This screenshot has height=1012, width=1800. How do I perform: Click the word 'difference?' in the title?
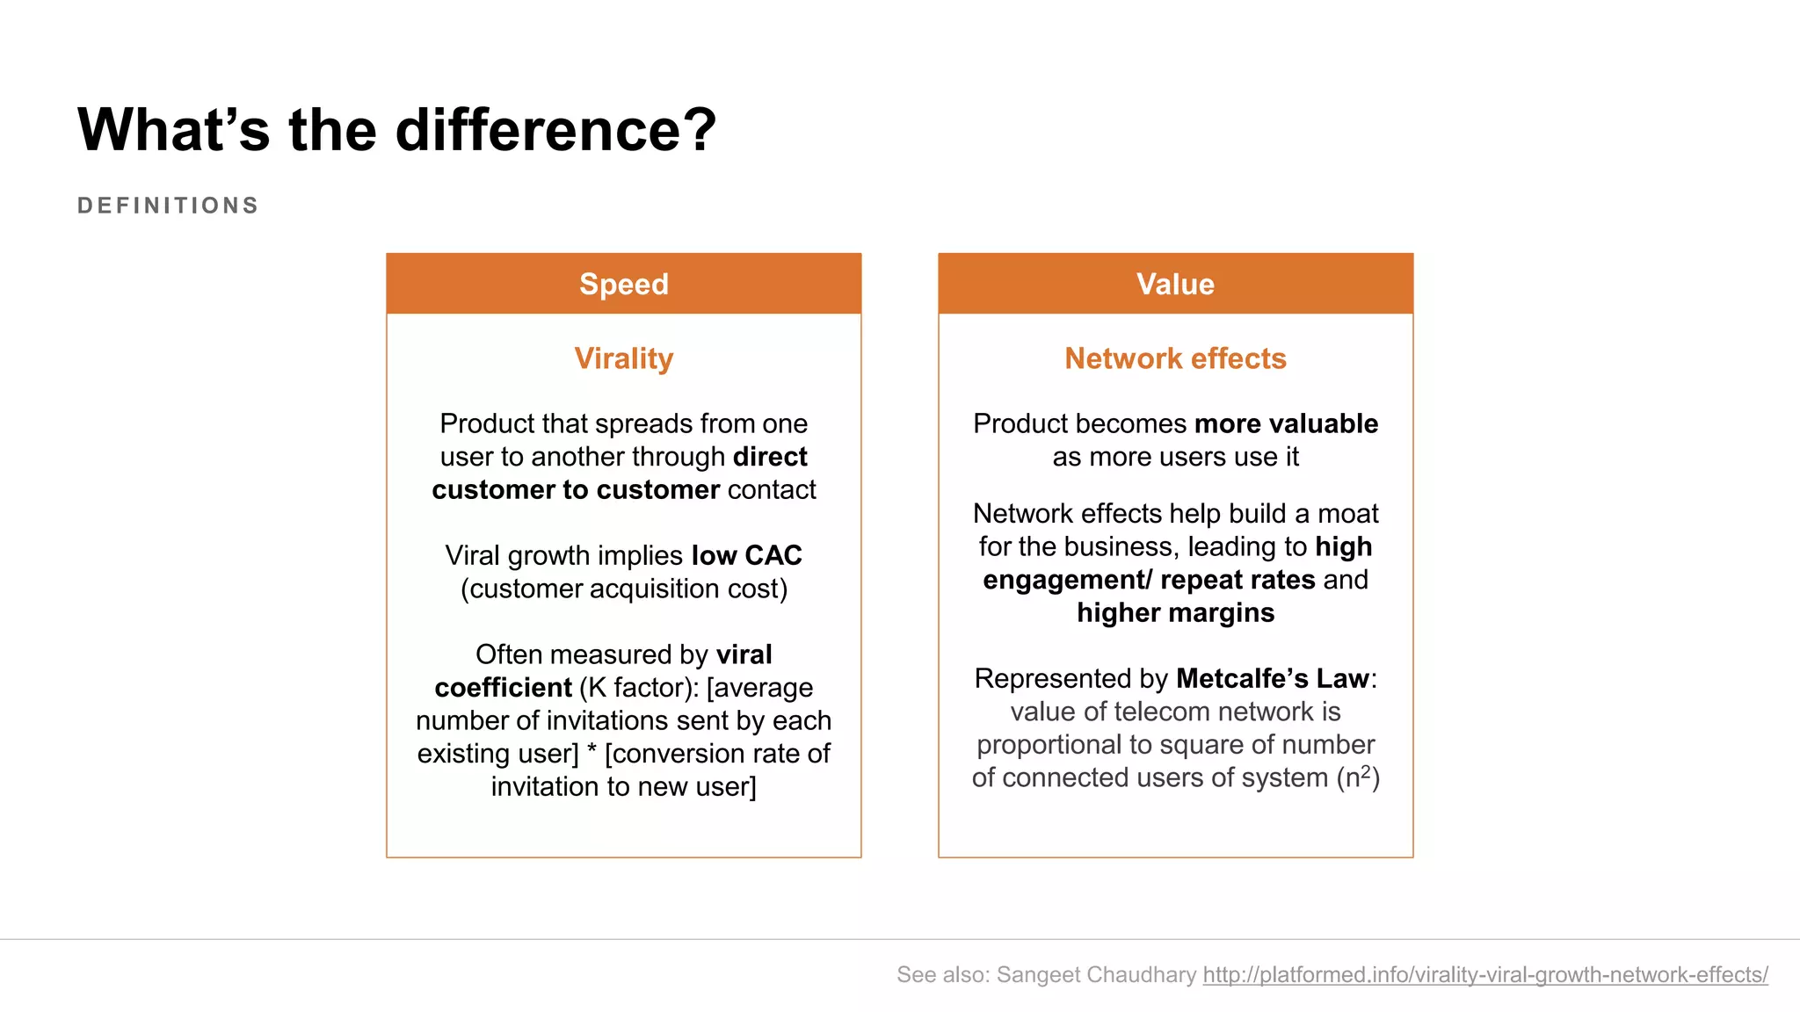click(x=555, y=130)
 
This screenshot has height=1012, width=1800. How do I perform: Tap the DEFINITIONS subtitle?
click(x=168, y=206)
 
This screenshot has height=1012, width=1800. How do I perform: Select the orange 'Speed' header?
click(x=623, y=284)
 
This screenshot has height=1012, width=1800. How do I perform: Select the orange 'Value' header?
click(x=1175, y=284)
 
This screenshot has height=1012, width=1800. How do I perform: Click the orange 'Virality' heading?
click(x=623, y=358)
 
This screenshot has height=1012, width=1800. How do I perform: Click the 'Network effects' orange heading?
click(x=1175, y=358)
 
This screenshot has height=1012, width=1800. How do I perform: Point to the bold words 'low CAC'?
click(x=746, y=555)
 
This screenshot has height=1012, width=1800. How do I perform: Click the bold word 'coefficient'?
click(x=503, y=687)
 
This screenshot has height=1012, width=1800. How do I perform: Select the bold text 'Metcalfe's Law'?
click(x=1272, y=678)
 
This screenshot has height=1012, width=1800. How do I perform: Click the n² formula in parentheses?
click(x=1358, y=777)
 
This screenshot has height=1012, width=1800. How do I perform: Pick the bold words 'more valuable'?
click(x=1286, y=423)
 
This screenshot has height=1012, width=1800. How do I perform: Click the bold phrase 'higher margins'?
click(x=1175, y=612)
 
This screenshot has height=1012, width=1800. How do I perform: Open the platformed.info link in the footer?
click(x=1484, y=974)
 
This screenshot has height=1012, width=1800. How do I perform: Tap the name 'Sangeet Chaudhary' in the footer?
click(x=1096, y=974)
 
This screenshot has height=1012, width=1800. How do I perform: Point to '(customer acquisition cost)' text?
click(x=623, y=589)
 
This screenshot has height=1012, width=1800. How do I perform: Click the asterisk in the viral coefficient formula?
click(x=592, y=751)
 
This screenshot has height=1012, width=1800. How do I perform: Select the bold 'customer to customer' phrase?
click(x=576, y=489)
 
